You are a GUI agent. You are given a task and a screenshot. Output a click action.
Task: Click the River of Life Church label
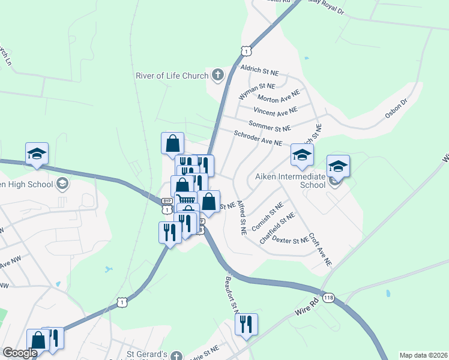point(172,76)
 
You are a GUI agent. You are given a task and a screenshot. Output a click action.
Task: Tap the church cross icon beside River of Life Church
point(217,76)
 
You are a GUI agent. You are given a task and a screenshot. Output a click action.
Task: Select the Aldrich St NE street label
point(259,70)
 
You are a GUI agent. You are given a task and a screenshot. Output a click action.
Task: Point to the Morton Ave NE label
point(278,98)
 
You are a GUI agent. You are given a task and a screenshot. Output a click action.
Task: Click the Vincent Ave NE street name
point(276,112)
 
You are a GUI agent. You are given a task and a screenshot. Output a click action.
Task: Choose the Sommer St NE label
point(269,127)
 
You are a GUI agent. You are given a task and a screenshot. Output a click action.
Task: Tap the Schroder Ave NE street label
point(258,139)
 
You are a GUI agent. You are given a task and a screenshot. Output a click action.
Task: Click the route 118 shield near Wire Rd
point(328,298)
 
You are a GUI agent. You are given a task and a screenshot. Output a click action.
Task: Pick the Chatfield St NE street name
point(277,228)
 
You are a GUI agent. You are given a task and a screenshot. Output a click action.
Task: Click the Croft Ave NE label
point(321,250)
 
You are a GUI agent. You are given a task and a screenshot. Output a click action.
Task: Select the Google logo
point(20,353)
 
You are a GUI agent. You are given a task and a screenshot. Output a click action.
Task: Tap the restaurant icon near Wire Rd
point(246,325)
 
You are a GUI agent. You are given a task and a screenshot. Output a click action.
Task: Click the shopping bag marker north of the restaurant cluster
point(172,143)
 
